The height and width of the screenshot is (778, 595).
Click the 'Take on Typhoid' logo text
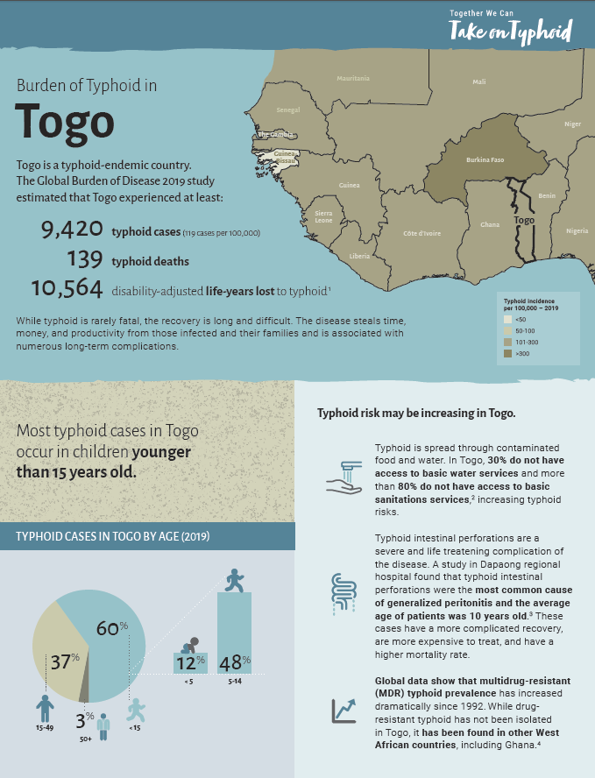pos(510,32)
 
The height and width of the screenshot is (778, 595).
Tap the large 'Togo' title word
pos(65,122)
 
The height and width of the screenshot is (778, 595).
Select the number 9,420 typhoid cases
pos(72,230)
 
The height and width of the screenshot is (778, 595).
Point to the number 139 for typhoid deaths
pos(85,259)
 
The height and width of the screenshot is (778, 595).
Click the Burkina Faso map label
pos(485,161)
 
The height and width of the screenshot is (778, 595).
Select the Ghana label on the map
pos(490,225)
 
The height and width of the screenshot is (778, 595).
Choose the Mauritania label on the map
pos(353,79)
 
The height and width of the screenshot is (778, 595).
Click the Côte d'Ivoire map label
pos(421,234)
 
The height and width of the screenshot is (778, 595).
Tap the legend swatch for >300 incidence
pos(508,353)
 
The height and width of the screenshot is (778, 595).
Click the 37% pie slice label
pos(65,661)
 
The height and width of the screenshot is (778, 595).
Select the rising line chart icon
pos(343,711)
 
